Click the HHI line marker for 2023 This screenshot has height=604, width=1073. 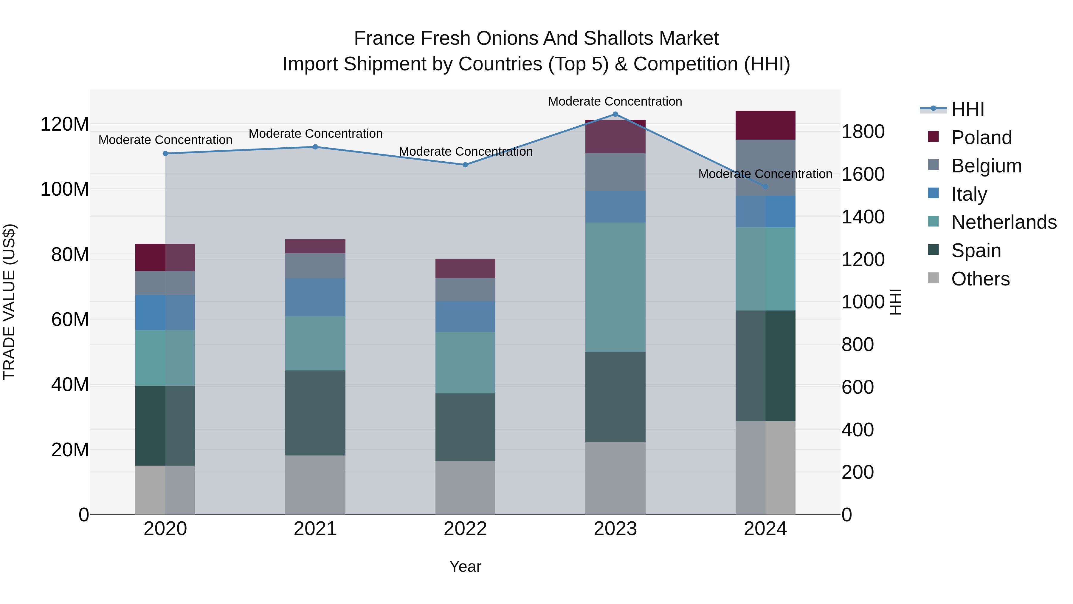coord(615,114)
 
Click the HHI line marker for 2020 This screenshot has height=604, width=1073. coord(165,153)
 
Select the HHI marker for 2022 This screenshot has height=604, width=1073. coord(465,165)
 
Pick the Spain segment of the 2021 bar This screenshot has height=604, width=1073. coord(315,413)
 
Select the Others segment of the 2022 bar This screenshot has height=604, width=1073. coord(465,487)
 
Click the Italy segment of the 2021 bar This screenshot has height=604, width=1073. coord(315,297)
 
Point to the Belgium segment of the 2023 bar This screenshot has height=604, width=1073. coord(615,172)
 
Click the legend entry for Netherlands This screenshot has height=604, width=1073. coord(1004,222)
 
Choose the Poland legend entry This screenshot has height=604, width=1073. coord(981,138)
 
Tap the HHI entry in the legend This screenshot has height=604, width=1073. coord(967,109)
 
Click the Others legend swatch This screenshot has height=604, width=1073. coord(934,278)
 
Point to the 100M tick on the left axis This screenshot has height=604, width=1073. coord(65,189)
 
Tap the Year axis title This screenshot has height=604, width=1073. coord(465,566)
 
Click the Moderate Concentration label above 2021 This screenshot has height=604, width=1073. coord(315,134)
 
